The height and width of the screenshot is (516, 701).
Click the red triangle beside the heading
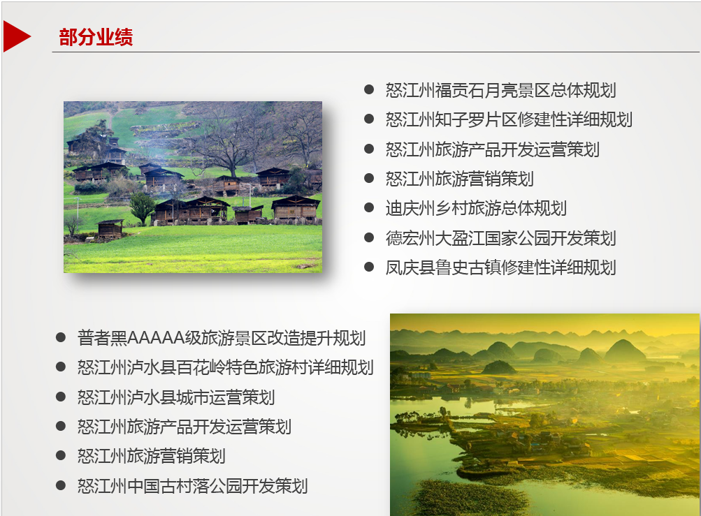tap(15, 36)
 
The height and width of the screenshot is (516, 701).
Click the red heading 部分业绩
tap(96, 37)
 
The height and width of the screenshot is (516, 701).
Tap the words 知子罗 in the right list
tap(460, 119)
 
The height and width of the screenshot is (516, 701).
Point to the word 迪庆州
tap(410, 208)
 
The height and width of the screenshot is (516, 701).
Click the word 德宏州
tap(410, 238)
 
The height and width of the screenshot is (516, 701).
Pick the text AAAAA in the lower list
tap(156, 338)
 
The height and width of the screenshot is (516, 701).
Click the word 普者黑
tap(102, 338)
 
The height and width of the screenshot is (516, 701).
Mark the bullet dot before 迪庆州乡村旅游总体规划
tap(369, 208)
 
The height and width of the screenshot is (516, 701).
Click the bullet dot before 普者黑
tap(61, 337)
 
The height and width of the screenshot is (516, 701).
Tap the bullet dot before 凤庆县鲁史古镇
tap(369, 267)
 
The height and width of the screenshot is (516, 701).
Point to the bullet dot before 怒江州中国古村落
tap(61, 485)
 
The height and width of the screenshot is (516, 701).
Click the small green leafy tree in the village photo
tap(143, 207)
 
